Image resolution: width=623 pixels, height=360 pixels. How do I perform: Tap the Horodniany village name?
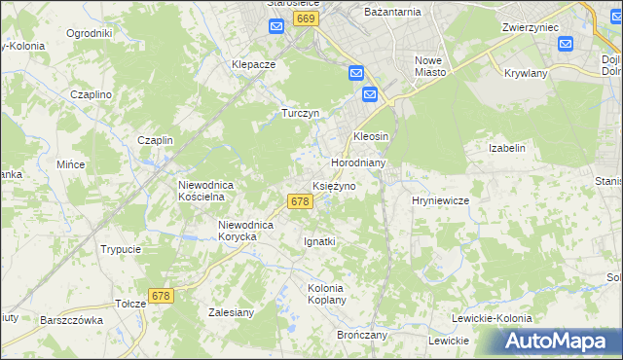[x=359, y=163]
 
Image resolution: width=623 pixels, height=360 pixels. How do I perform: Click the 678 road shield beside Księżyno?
[x=300, y=201]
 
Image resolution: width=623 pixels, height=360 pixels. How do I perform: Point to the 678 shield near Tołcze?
[x=162, y=295]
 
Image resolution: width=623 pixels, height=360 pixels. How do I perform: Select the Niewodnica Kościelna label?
[x=202, y=190]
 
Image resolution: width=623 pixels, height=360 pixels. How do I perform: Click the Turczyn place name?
[x=301, y=113]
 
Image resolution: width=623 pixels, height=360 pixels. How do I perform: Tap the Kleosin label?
[x=371, y=136]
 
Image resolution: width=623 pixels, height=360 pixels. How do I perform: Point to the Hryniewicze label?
[x=440, y=200]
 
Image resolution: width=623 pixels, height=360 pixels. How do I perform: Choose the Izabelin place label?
[x=506, y=148]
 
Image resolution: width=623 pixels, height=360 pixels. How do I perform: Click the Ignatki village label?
[x=319, y=241]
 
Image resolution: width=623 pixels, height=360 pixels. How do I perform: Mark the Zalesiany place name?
[x=231, y=312]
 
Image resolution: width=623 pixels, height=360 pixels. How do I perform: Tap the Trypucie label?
[x=121, y=249]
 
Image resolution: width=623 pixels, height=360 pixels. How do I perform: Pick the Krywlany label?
[x=527, y=73]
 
